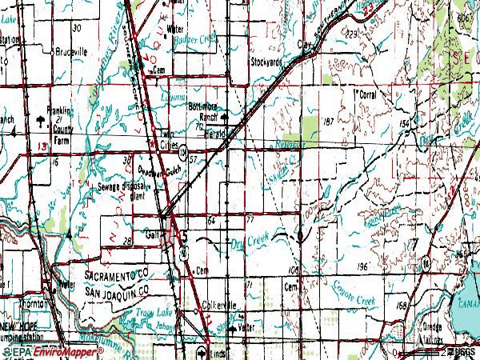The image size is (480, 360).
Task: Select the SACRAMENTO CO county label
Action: pyautogui.click(x=118, y=274)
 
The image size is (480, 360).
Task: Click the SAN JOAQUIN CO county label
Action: pyautogui.click(x=118, y=290)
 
